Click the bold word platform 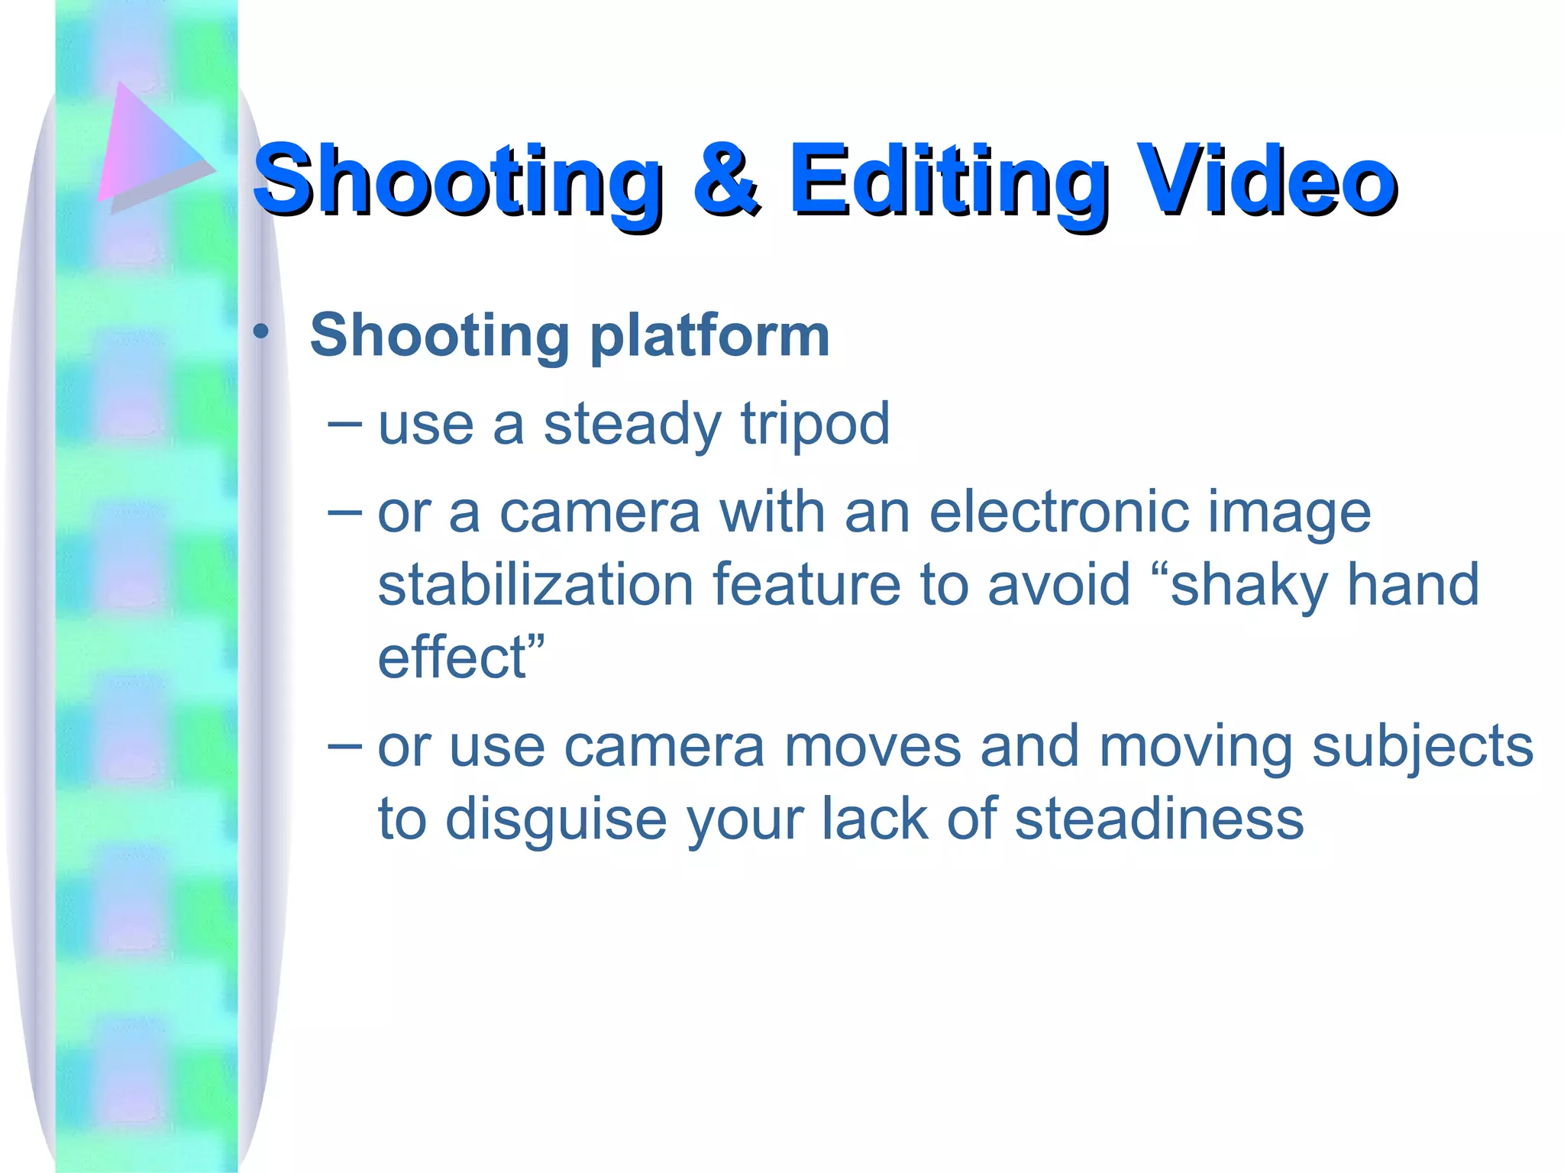coord(709,337)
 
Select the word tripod coord(815,425)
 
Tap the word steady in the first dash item coord(632,425)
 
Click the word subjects coord(1422,747)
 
